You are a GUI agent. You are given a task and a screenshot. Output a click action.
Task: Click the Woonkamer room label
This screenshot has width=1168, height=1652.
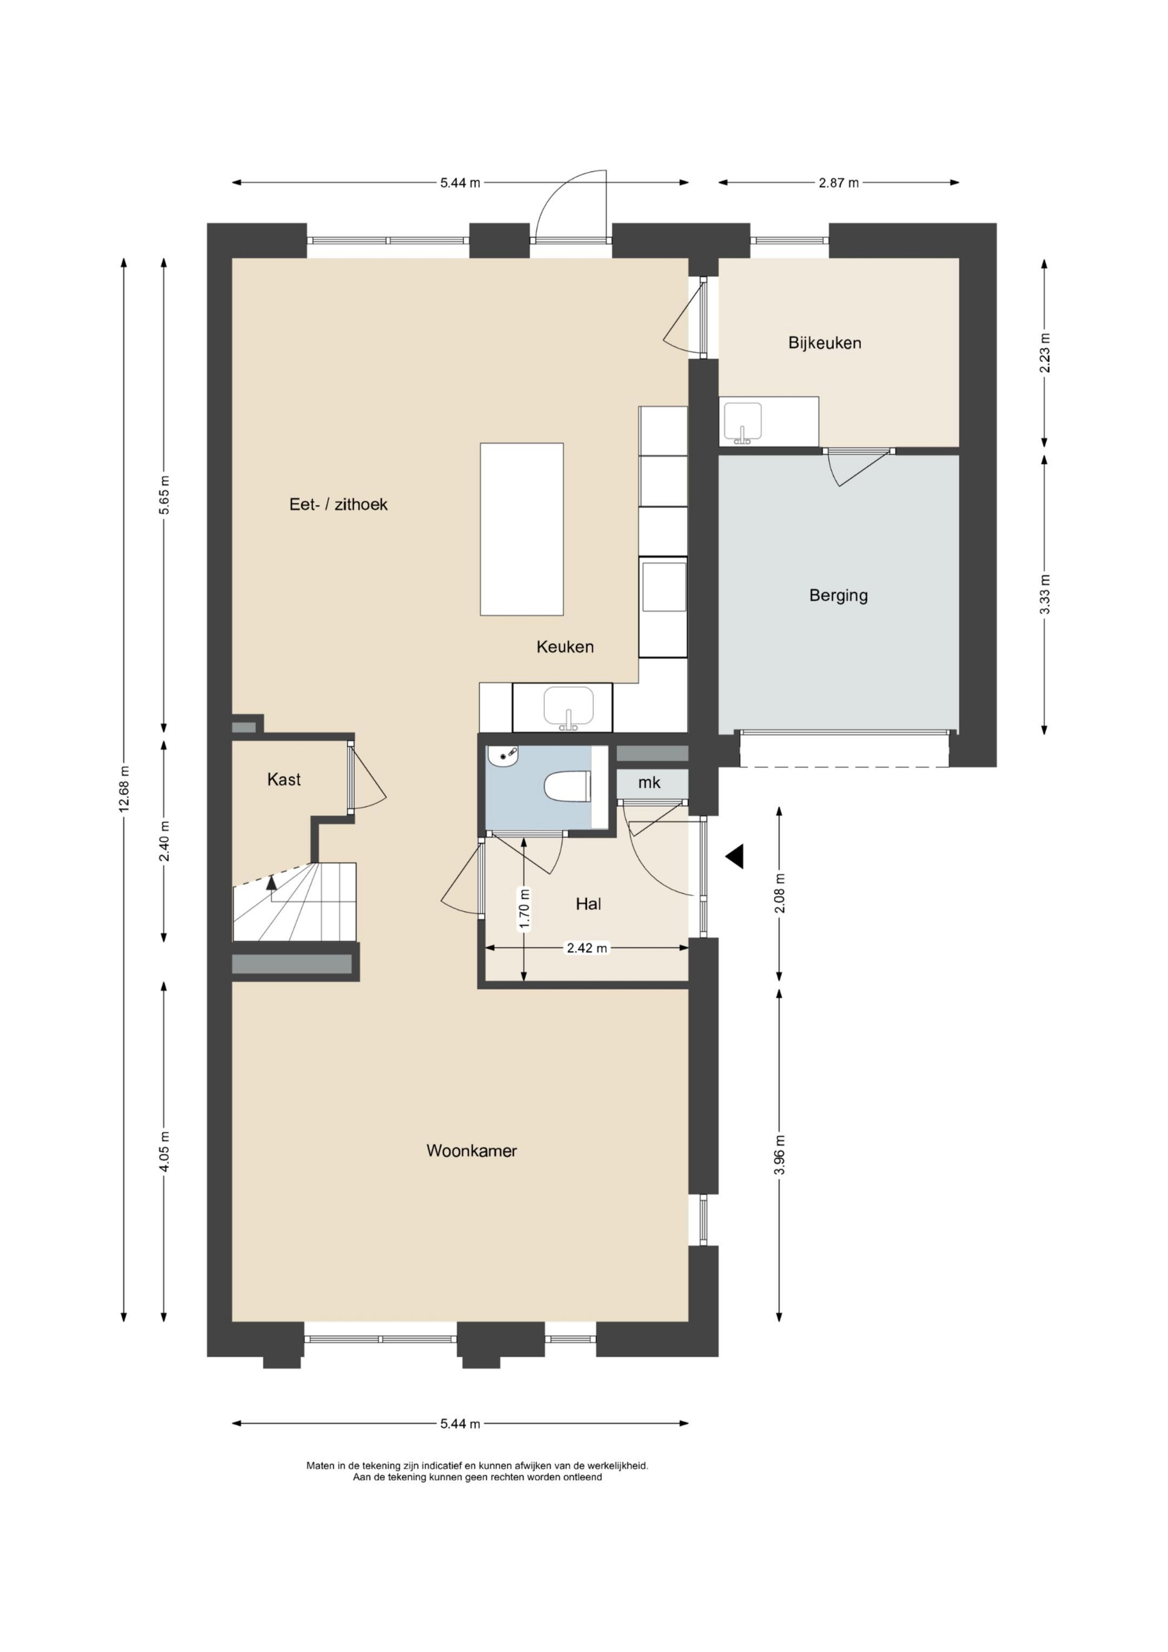pos(472,1151)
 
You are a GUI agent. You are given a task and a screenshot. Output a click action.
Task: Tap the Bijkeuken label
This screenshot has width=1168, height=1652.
pos(825,342)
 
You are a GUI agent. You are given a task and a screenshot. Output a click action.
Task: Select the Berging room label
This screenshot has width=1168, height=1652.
pos(838,595)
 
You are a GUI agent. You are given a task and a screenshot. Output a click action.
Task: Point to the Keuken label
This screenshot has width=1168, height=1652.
pos(565,647)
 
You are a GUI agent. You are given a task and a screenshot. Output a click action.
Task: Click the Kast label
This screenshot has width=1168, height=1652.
pos(283,779)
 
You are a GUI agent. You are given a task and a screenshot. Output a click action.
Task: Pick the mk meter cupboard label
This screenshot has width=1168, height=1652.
pos(649,782)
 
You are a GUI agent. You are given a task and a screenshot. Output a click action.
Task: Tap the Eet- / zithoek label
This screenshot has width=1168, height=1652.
pos(339,505)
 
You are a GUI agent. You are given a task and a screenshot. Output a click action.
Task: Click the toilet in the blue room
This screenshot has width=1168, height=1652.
pos(568,786)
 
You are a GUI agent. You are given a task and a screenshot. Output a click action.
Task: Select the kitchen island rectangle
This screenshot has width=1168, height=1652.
pos(522,529)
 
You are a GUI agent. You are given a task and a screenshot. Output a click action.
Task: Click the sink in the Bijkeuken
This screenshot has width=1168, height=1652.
pos(742,422)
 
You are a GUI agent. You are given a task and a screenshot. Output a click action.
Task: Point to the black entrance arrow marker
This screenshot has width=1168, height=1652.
pos(734,856)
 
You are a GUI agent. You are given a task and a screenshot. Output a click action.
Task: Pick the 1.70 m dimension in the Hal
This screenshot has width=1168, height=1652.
pos(524,910)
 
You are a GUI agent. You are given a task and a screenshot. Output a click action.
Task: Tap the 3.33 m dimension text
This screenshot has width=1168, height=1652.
pos(1045,594)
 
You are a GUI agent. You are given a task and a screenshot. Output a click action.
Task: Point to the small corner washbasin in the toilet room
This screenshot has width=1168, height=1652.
pos(502,756)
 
